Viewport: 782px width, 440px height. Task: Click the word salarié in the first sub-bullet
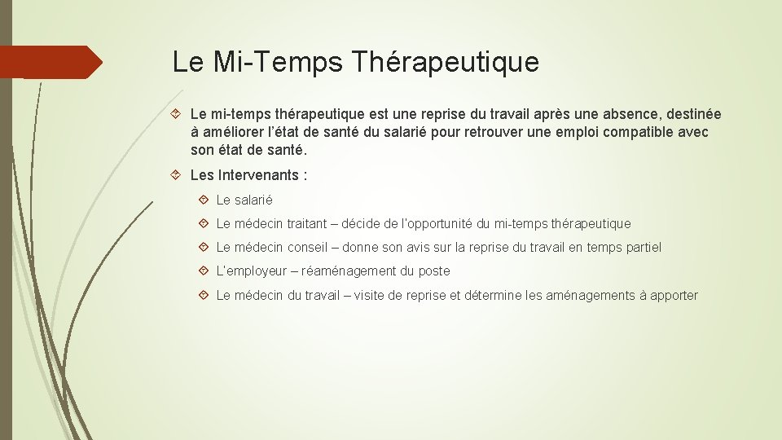pyautogui.click(x=253, y=200)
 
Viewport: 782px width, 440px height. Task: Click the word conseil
pyautogui.click(x=310, y=247)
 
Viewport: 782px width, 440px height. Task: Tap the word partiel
pyautogui.click(x=643, y=247)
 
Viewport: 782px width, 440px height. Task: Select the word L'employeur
pyautogui.click(x=251, y=271)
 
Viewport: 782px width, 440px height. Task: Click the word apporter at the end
pyautogui.click(x=674, y=295)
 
